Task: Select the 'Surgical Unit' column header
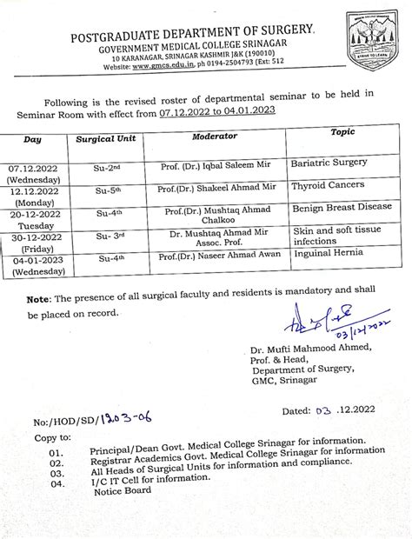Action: pos(106,138)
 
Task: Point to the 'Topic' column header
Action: pos(343,132)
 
